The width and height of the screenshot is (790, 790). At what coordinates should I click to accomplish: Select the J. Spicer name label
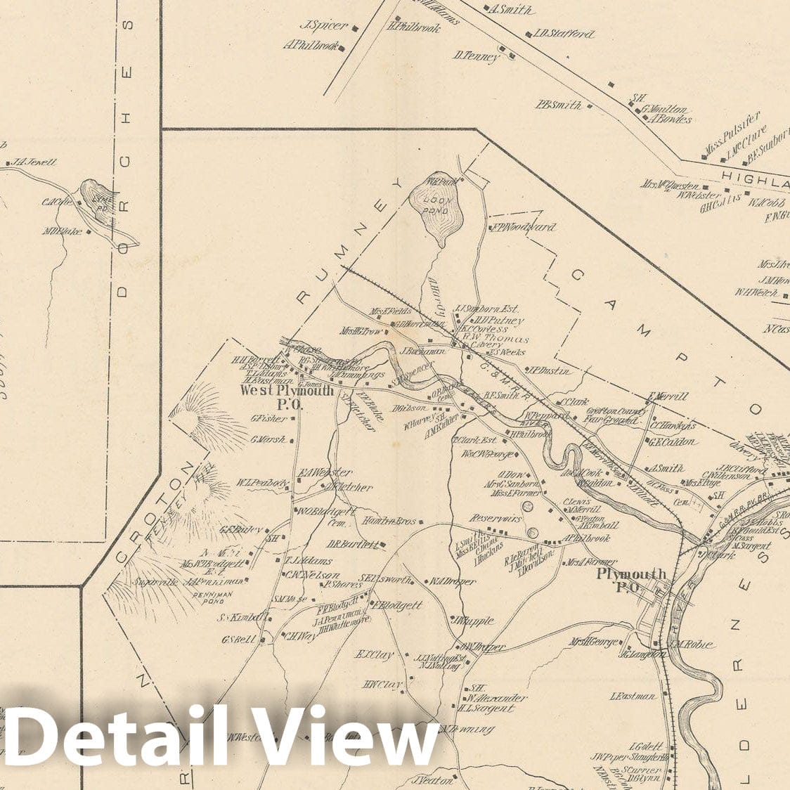click(x=324, y=26)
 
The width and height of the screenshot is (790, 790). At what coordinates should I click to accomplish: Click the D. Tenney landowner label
click(x=476, y=56)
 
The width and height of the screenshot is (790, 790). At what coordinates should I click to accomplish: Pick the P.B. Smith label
click(x=558, y=105)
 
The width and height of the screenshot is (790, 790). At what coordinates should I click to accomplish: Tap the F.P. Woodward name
click(x=524, y=227)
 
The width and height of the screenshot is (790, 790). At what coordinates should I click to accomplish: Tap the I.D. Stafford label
click(x=563, y=34)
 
